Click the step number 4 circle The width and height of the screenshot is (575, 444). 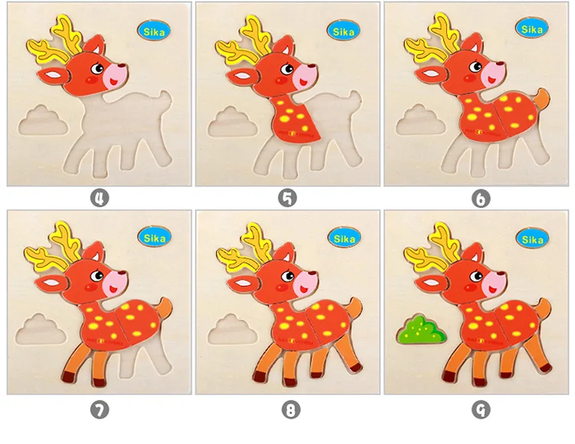pos(100,199)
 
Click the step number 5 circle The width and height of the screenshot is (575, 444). pos(287,199)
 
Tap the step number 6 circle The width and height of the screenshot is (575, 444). pos(481,199)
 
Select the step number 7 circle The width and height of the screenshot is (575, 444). pos(100,409)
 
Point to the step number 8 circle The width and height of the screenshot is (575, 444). pos(290,409)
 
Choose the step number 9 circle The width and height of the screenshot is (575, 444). pos(481,409)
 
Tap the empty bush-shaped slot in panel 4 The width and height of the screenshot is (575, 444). pos(43,120)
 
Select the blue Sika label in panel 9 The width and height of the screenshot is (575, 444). pos(532,239)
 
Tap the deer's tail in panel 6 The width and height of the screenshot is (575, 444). pos(542,100)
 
